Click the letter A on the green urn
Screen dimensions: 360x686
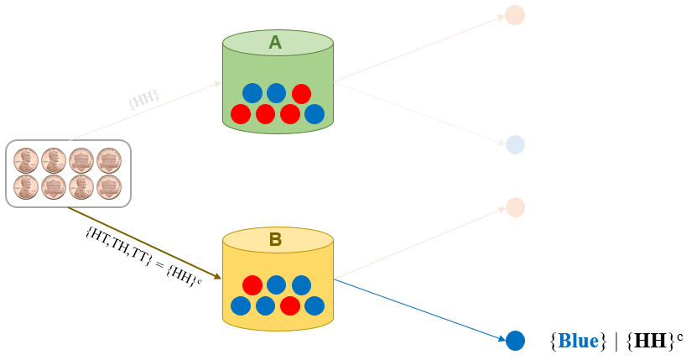(275, 42)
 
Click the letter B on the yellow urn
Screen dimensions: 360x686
(275, 240)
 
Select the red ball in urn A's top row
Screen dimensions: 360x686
(301, 94)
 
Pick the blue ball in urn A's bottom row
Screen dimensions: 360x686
(314, 113)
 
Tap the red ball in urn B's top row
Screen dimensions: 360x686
(252, 285)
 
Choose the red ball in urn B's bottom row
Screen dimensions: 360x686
(290, 305)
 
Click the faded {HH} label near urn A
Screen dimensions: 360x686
(143, 100)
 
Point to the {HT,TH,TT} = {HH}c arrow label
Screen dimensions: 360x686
(143, 256)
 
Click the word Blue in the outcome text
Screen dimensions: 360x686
(579, 341)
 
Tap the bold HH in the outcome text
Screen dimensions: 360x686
(647, 341)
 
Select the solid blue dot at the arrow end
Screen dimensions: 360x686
(515, 340)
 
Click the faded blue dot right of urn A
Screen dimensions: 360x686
(515, 144)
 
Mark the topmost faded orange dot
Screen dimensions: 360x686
(515, 15)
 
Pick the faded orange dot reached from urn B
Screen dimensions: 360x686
(515, 206)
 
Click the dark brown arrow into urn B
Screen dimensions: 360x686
(143, 242)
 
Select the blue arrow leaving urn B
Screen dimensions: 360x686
(419, 309)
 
